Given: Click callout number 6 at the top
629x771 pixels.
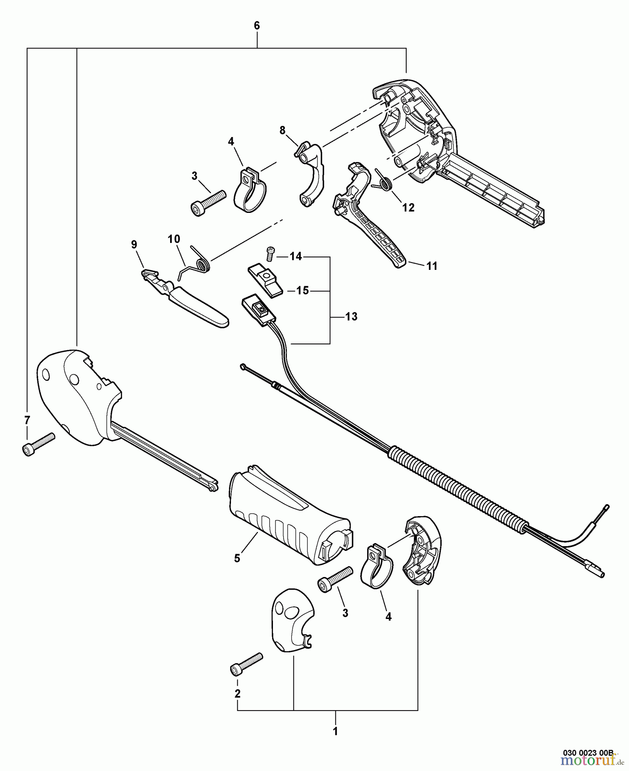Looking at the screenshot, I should point(257,26).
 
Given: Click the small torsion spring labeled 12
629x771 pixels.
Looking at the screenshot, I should point(384,182).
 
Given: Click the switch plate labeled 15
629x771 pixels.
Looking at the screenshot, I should point(264,279).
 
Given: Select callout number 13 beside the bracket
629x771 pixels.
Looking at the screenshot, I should point(351,317).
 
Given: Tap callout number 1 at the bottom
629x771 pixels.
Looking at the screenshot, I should point(335,732).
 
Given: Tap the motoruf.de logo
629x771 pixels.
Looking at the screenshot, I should point(591,762).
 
